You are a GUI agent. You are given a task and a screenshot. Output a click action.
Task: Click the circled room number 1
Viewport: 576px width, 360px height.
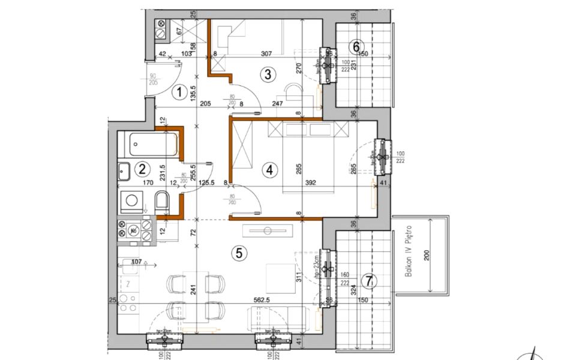pos(178,92)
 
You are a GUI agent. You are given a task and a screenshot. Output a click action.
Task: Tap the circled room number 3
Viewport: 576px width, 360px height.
pos(268,74)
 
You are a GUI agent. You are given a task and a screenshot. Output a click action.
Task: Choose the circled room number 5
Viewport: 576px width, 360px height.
pos(239,253)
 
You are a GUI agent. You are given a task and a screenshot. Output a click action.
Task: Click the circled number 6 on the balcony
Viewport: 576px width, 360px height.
pos(356,46)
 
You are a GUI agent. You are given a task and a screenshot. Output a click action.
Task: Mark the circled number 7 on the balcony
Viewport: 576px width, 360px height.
pos(370,281)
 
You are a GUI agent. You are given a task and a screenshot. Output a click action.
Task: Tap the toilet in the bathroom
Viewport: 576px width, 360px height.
pos(162,202)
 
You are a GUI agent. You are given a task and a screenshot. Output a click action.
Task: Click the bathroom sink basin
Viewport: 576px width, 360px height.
pos(124,171)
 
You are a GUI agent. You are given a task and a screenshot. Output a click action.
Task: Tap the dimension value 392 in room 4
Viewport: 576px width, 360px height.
pos(310,184)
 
